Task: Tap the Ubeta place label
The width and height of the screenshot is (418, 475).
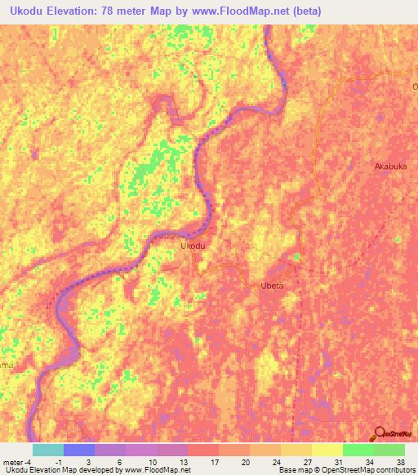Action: [x=271, y=286]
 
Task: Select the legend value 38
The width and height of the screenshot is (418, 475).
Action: [x=400, y=461]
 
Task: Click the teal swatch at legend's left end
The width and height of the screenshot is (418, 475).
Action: [x=47, y=450]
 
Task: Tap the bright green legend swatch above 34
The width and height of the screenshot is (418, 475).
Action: [x=358, y=450]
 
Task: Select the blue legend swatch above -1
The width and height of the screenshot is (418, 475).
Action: [x=78, y=450]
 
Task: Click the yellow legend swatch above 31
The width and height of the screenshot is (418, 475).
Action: [x=327, y=450]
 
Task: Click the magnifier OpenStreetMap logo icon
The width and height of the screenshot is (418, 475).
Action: [x=378, y=433]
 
